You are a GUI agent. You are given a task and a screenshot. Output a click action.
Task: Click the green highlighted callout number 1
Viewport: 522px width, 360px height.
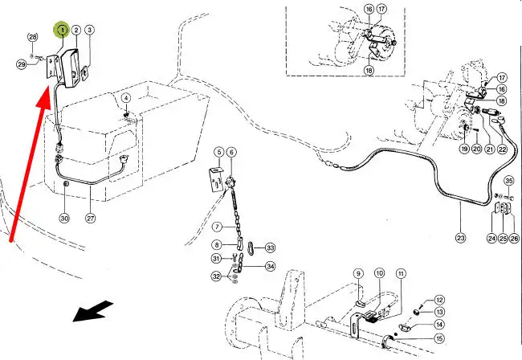click(x=61, y=30)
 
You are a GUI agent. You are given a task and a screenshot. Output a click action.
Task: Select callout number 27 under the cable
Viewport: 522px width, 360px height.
click(x=91, y=218)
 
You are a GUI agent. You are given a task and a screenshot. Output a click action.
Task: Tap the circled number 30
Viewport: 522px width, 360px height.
click(x=65, y=218)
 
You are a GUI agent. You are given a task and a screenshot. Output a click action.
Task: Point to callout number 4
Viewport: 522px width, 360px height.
click(x=125, y=98)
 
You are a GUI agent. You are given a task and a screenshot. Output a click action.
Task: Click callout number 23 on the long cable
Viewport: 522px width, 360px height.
click(x=460, y=238)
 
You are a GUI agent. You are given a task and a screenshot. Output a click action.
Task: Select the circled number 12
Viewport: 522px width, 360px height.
click(x=439, y=300)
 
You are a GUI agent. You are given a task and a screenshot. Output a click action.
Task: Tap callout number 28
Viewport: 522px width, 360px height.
click(x=33, y=38)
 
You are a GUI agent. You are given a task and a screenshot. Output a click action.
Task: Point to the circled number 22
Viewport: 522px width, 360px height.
click(x=503, y=149)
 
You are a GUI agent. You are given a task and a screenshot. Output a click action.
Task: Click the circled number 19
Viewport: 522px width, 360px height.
click(x=464, y=149)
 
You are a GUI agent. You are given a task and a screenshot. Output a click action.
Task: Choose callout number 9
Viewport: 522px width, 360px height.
click(x=359, y=274)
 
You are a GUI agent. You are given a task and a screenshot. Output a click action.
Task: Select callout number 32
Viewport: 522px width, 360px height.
click(x=217, y=276)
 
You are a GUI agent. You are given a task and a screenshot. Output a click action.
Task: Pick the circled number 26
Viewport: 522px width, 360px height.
click(x=515, y=238)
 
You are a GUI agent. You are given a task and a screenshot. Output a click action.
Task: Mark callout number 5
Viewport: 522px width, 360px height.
click(x=218, y=152)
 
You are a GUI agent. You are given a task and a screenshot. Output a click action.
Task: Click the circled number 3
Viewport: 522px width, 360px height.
click(x=90, y=31)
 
